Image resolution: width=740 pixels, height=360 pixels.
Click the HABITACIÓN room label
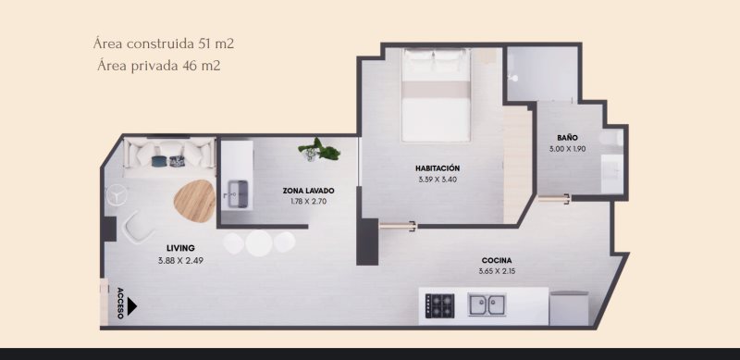click(x=438, y=168)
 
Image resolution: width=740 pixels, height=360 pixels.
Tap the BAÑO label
click(x=567, y=138)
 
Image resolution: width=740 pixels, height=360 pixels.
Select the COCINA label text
click(x=497, y=260)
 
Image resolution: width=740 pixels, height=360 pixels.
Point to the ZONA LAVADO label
click(x=308, y=191)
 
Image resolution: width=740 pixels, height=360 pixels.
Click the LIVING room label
click(x=180, y=248)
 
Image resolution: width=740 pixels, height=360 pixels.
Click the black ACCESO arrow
click(x=131, y=306)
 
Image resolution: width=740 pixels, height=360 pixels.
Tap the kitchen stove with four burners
click(x=440, y=305)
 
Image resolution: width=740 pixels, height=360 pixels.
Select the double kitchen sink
click(x=487, y=304)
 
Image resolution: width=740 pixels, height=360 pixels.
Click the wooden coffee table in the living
click(x=195, y=201)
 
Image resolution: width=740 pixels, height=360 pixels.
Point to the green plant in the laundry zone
click(x=319, y=150)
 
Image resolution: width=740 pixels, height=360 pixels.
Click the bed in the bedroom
click(x=436, y=94)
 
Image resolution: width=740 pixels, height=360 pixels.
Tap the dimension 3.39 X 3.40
click(x=438, y=180)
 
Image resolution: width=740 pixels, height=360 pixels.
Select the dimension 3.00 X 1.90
click(x=567, y=149)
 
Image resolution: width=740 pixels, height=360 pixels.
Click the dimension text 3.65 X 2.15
click(x=497, y=272)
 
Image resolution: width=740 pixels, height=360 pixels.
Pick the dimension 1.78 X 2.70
click(x=308, y=201)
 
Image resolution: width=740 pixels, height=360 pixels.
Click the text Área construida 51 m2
click(x=164, y=43)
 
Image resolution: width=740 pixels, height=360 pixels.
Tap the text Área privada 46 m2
click(x=158, y=65)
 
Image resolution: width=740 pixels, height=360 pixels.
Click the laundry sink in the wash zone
click(x=237, y=194)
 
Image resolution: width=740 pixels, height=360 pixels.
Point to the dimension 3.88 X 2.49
click(x=180, y=260)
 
